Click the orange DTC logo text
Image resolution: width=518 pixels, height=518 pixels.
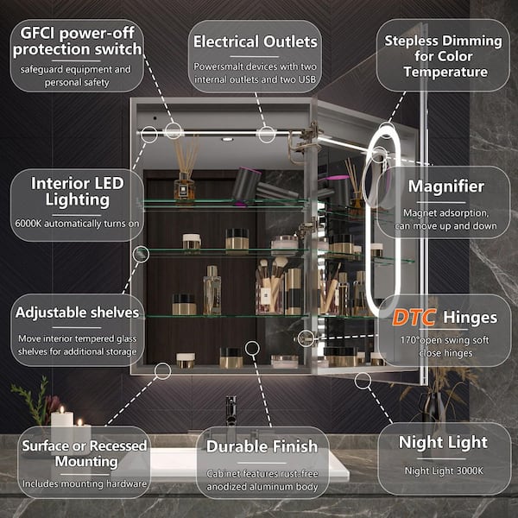coord(414,317)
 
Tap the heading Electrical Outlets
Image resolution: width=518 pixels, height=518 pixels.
coord(255,42)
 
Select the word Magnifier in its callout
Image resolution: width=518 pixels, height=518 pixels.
coord(446,186)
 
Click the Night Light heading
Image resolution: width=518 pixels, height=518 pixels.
coord(443,443)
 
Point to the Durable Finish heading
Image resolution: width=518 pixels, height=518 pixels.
coord(262,446)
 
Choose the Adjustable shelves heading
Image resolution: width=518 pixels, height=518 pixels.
coord(78,313)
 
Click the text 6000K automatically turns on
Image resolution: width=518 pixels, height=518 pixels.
coord(77,224)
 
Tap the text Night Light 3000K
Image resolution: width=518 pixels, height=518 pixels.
coord(444,471)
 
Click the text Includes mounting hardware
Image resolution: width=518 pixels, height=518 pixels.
coord(85,484)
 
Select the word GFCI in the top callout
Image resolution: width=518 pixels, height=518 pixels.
coord(38,33)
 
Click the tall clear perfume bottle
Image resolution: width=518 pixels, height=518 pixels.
coord(212,290)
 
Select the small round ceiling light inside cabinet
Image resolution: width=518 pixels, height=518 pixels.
coord(227,139)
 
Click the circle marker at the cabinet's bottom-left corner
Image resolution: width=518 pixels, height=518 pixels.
coord(162,371)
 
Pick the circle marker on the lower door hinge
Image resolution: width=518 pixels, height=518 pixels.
coord(306,338)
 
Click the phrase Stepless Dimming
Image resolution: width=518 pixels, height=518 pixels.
coord(444,41)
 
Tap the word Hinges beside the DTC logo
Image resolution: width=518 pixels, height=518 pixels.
coord(471,318)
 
